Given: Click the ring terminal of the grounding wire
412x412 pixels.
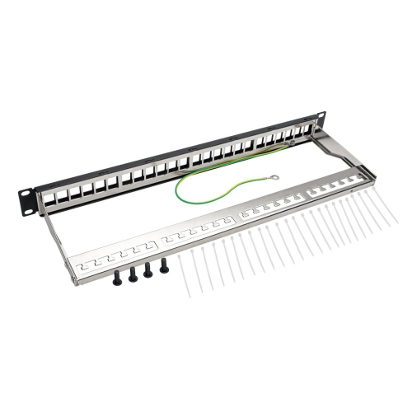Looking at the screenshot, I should (274, 176).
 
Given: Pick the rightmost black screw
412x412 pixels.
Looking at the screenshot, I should (163, 265).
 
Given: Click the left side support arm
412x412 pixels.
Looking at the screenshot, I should (61, 242).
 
